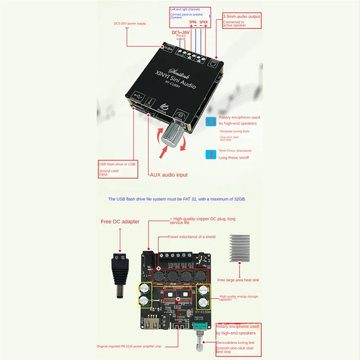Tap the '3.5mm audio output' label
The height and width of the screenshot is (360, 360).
click(x=242, y=16)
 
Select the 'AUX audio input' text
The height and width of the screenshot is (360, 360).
click(x=168, y=175)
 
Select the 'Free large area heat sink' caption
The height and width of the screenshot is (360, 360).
click(x=239, y=280)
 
